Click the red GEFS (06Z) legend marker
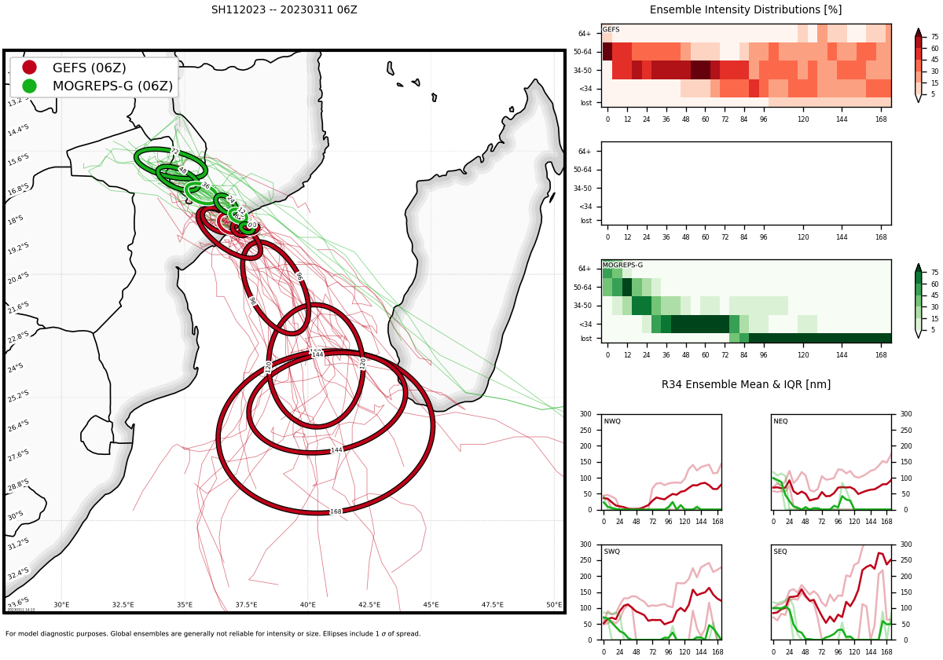click(x=29, y=68)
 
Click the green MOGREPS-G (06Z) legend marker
click(x=29, y=86)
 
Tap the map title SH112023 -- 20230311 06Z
click(x=284, y=10)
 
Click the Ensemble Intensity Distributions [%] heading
click(x=746, y=10)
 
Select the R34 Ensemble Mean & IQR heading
click(x=746, y=385)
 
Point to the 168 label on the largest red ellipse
click(x=336, y=511)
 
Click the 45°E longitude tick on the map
click(x=431, y=605)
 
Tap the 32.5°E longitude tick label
click(x=123, y=605)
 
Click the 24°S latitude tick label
click(x=16, y=368)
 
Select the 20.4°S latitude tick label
click(x=18, y=277)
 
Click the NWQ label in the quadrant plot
click(x=612, y=422)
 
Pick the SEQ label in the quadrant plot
click(x=780, y=552)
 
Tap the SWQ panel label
click(x=612, y=552)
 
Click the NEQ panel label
click(x=780, y=422)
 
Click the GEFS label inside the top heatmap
click(x=611, y=30)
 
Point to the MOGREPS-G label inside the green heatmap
click(x=622, y=266)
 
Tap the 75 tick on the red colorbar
click(x=935, y=37)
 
